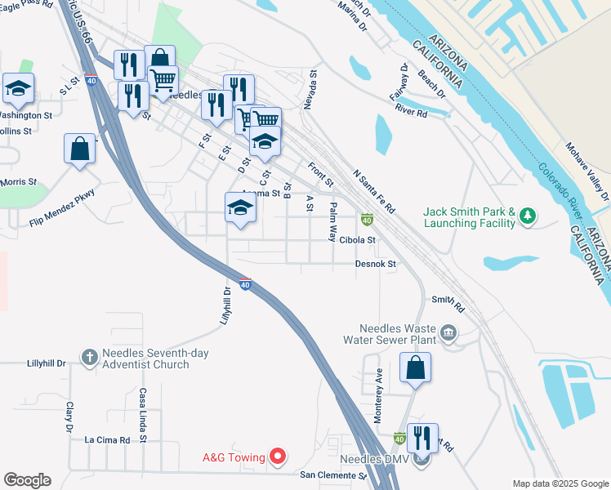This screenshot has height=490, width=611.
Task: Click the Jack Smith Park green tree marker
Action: (x=528, y=216)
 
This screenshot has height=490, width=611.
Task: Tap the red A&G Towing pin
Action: (x=278, y=457)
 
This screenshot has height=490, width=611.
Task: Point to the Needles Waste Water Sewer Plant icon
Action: (x=448, y=332)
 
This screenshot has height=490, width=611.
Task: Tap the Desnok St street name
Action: (x=376, y=264)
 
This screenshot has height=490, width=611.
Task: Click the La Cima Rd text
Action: (x=108, y=439)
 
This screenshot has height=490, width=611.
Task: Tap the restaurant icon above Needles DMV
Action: (x=422, y=438)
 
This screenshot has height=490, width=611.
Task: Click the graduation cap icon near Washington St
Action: (x=17, y=88)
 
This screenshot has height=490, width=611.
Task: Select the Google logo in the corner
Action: (x=26, y=480)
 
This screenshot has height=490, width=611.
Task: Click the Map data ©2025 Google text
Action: (x=560, y=483)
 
